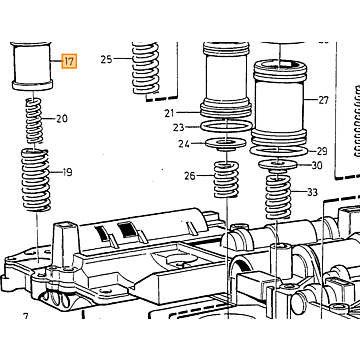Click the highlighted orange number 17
point(69,61)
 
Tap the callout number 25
point(107,59)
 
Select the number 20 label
point(62,118)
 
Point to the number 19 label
point(67,172)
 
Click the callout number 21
point(169,113)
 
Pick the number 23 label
point(178,127)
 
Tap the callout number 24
point(184,144)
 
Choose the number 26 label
point(190,176)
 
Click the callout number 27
point(323,100)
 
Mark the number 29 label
point(322,151)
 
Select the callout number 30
point(317,165)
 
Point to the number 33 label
point(312,192)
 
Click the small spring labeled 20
point(35,121)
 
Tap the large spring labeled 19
point(36,180)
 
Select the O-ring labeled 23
point(226,127)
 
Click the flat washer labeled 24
point(226,144)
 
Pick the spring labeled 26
point(226,179)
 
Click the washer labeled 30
point(278,164)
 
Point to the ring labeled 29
point(278,151)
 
